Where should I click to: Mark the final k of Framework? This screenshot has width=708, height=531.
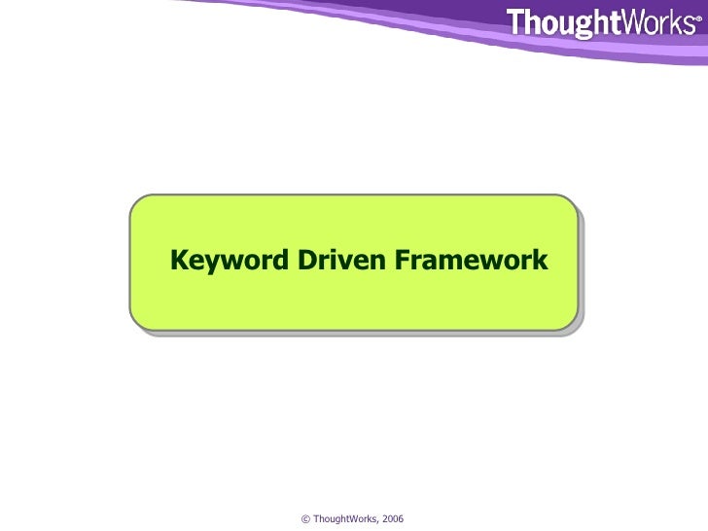pyautogui.click(x=541, y=262)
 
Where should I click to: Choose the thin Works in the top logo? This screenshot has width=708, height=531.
pyautogui.click(x=657, y=23)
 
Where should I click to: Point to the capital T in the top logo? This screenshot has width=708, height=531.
pyautogui.click(x=516, y=23)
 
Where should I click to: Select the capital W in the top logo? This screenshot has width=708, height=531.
pyautogui.click(x=633, y=23)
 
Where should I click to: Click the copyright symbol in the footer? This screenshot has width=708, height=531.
pyautogui.click(x=306, y=520)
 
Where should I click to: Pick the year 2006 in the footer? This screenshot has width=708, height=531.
pyautogui.click(x=393, y=520)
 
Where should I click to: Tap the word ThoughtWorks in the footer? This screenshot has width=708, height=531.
pyautogui.click(x=344, y=520)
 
